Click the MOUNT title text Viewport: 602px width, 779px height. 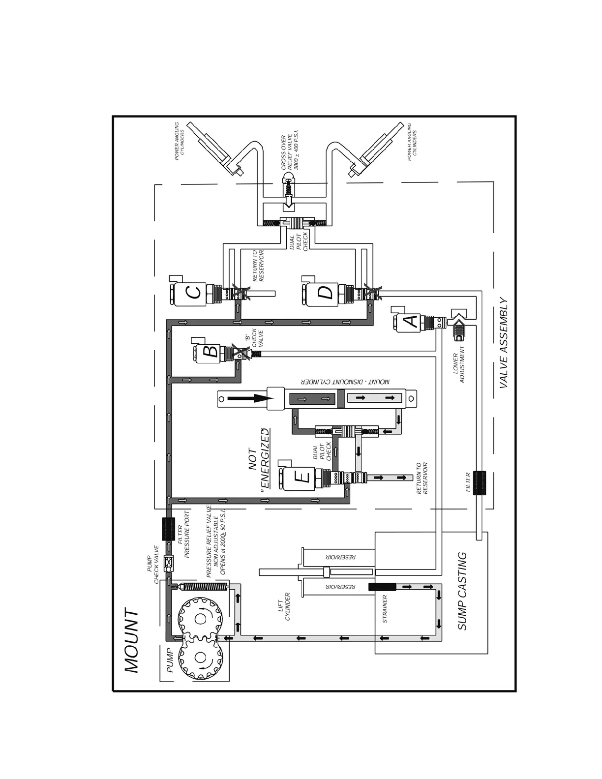click(132, 641)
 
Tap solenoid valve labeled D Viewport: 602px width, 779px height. click(325, 293)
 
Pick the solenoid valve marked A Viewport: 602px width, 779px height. click(410, 322)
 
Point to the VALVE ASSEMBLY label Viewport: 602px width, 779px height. click(504, 343)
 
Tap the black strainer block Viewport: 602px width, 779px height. click(382, 587)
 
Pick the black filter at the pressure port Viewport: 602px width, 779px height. click(169, 530)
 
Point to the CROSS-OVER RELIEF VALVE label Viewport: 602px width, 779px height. click(290, 152)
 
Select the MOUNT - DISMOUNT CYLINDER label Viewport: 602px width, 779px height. click(345, 382)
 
